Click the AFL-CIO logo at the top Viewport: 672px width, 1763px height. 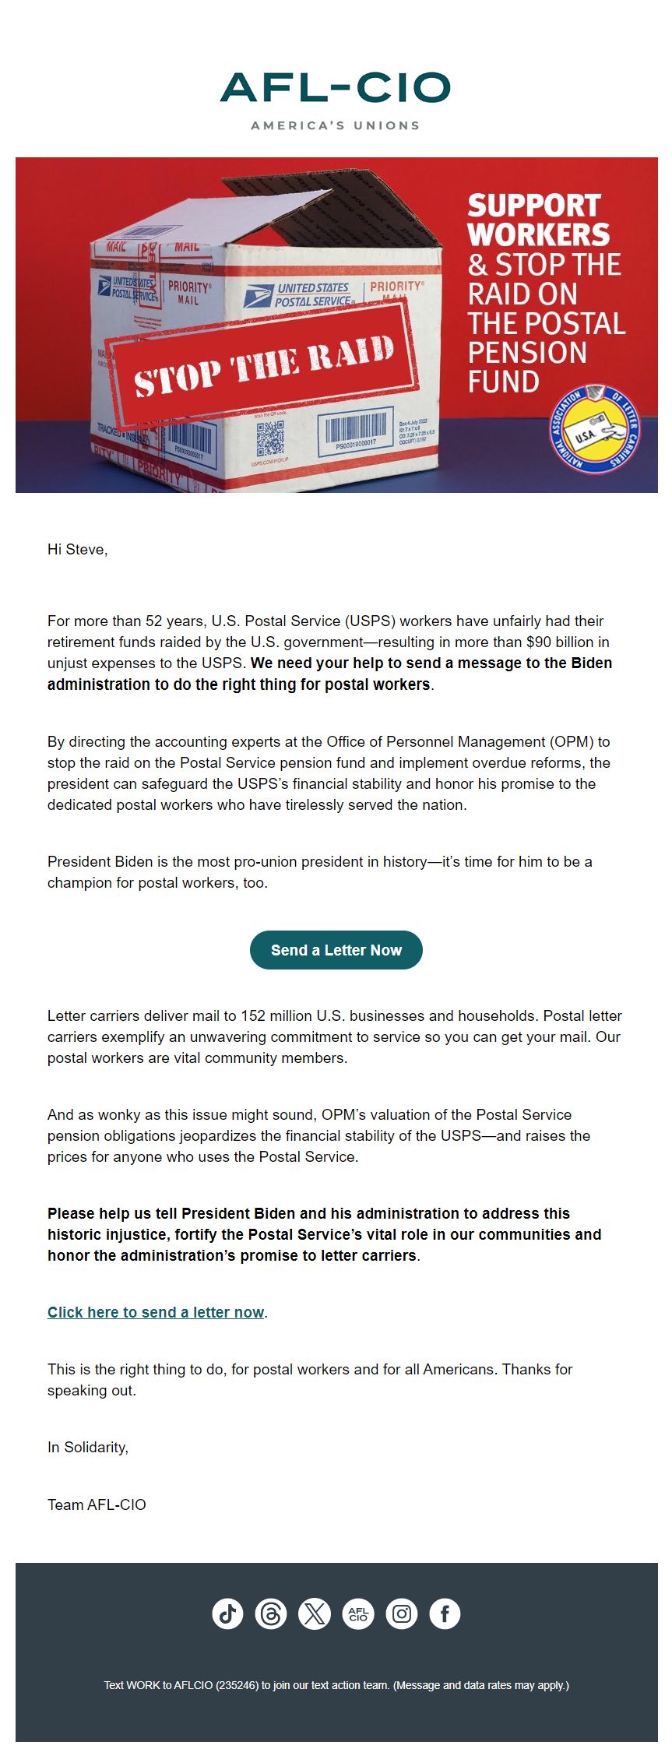[x=336, y=88]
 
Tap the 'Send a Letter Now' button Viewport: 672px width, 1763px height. [x=336, y=950]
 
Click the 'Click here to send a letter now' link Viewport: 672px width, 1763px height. [x=156, y=1312]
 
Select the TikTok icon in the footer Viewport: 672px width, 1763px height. [x=227, y=1613]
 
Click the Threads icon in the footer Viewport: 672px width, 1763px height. [x=271, y=1613]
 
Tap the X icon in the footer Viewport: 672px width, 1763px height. [x=315, y=1613]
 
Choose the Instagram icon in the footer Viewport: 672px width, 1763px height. [x=402, y=1613]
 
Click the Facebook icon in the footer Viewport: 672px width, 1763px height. [x=445, y=1613]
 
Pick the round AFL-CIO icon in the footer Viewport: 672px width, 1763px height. [x=358, y=1613]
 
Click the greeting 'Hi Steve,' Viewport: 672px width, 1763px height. [x=77, y=550]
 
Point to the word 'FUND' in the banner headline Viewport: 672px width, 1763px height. [x=503, y=382]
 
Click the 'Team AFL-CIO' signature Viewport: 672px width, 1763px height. [x=97, y=1504]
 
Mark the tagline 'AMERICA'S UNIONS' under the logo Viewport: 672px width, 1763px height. [x=336, y=125]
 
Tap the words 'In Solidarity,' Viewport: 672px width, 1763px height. [x=88, y=1447]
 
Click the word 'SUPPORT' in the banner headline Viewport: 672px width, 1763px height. [x=534, y=206]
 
